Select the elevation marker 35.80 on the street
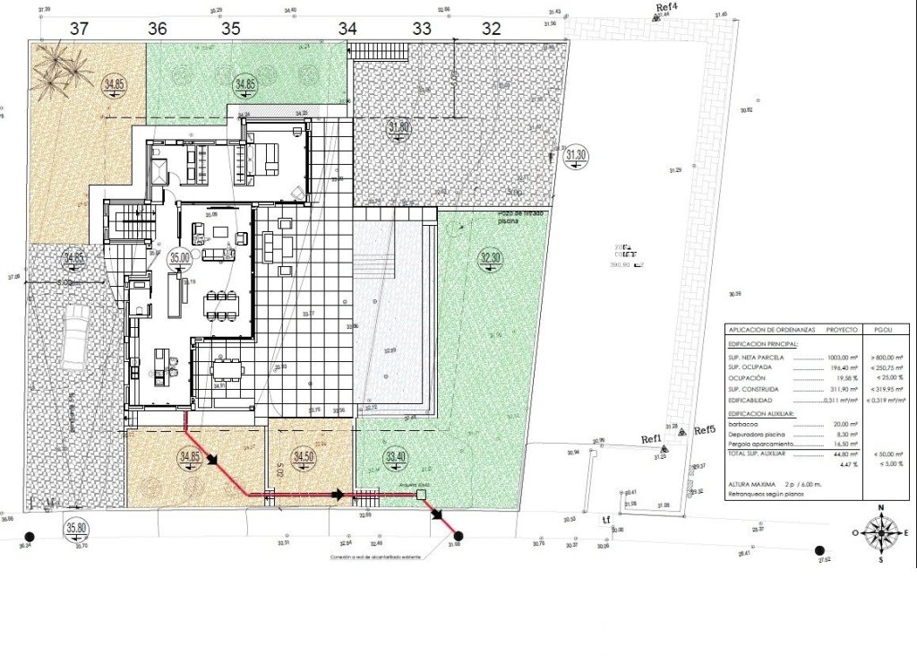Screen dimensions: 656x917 coord(77,529)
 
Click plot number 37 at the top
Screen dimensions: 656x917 coord(80,28)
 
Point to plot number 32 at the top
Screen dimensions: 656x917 coord(490,28)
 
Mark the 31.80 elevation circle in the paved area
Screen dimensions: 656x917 coord(399,128)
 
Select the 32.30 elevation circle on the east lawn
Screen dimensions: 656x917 coord(490,258)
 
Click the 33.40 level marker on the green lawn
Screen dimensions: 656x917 coord(395,457)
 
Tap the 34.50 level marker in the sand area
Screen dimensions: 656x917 coord(304,457)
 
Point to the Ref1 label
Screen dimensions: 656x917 coord(650,438)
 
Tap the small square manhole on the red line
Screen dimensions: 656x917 coord(421,494)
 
